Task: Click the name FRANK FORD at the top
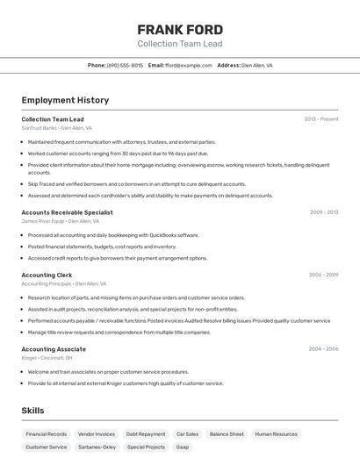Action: (180, 30)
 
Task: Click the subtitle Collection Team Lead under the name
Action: (180, 44)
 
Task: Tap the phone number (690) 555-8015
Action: (125, 65)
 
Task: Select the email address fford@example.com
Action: (189, 65)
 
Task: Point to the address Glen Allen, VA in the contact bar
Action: (257, 65)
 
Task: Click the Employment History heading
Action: (65, 100)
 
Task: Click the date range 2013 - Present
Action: (321, 119)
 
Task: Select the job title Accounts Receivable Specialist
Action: (67, 212)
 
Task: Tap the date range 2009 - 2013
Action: (324, 212)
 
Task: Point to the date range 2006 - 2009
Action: (323, 275)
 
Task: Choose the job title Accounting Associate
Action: (54, 349)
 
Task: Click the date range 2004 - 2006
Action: (323, 349)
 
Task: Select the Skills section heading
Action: (33, 411)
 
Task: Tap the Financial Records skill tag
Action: (46, 434)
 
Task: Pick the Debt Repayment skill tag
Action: (145, 434)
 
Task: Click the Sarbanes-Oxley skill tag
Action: (97, 447)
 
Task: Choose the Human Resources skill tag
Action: (276, 434)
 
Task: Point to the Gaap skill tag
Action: (183, 447)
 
